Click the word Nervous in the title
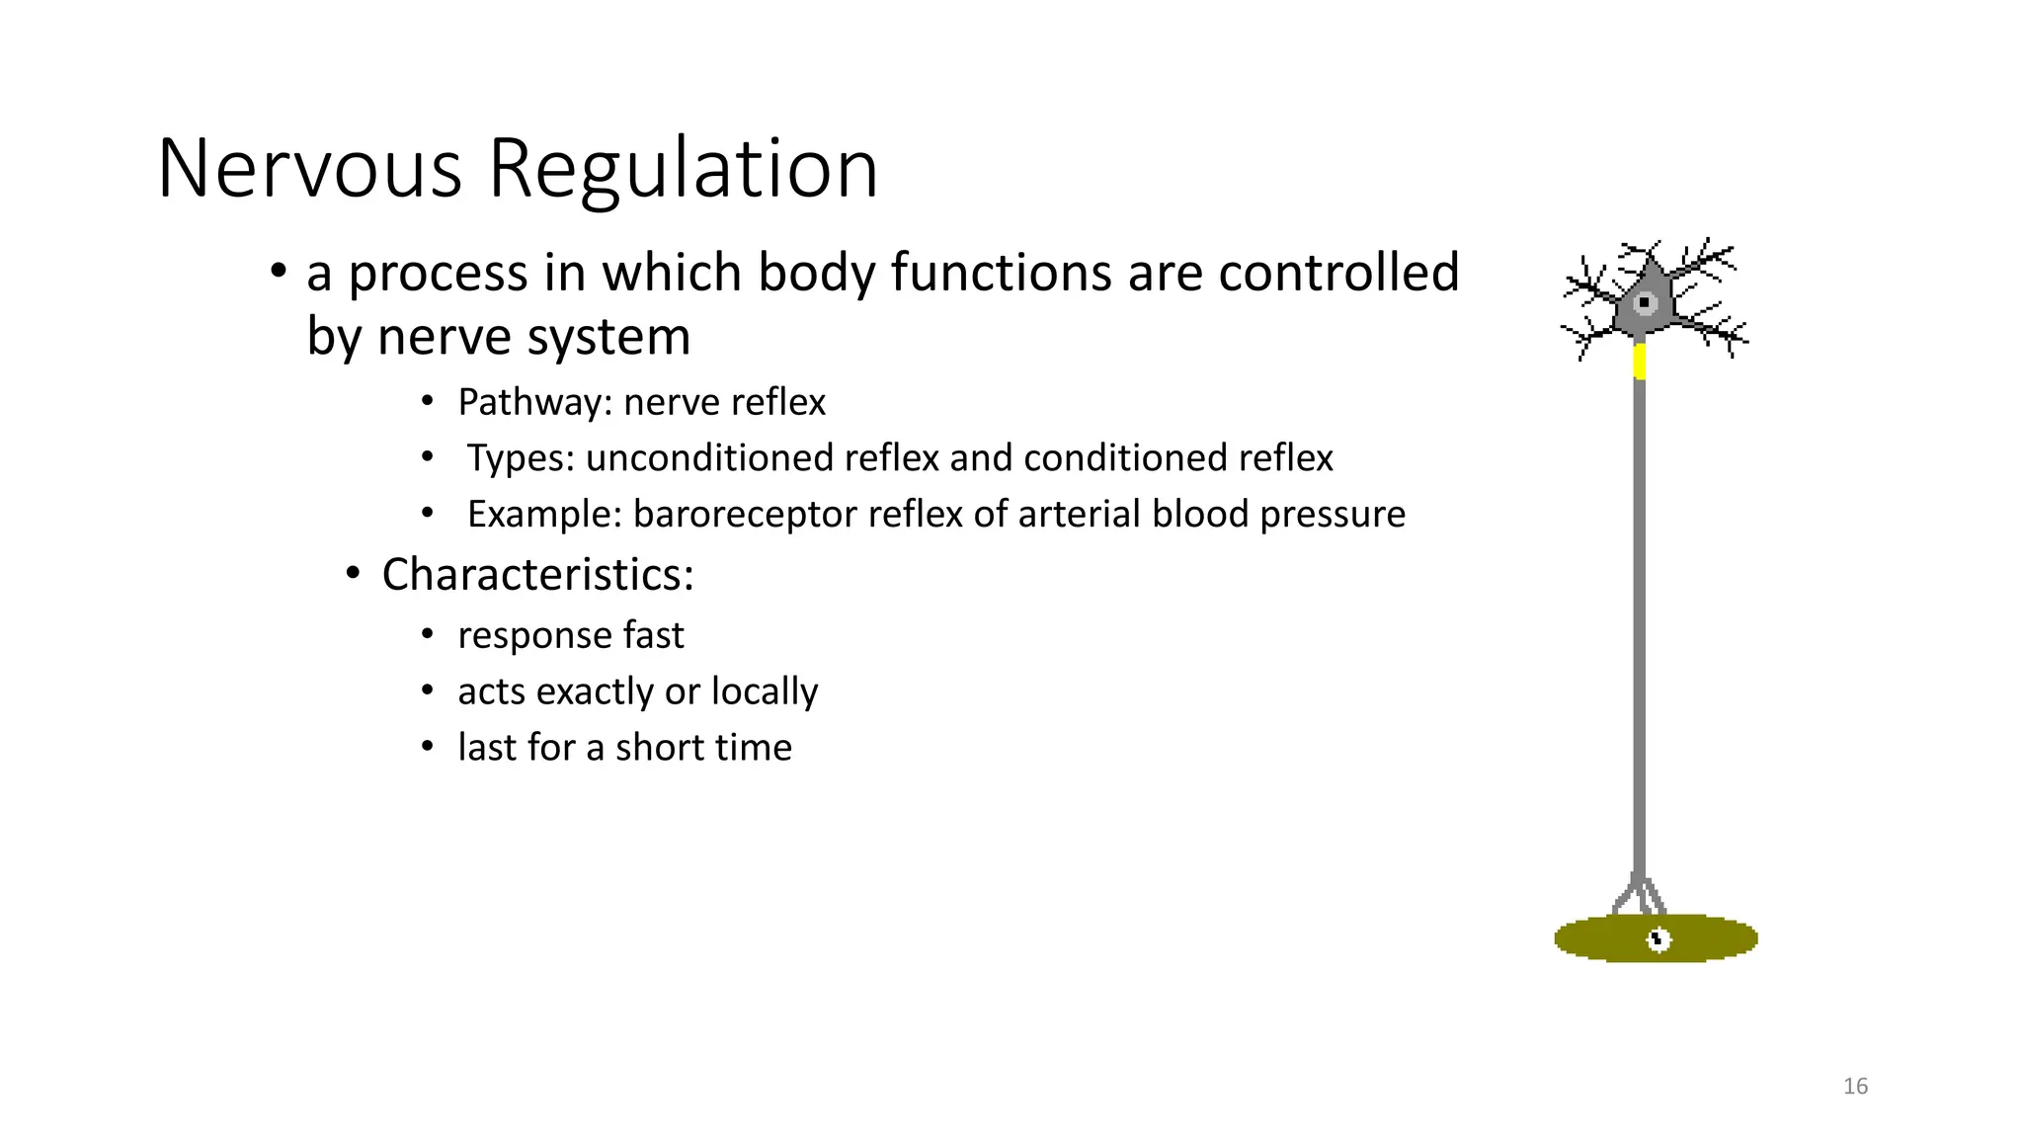(309, 169)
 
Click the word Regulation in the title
(683, 169)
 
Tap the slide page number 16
(1855, 1087)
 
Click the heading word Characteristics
(536, 575)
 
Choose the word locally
(765, 691)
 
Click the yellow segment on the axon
(1640, 362)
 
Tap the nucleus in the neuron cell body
(1645, 302)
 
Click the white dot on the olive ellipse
(1659, 939)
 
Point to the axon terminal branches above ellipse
(1640, 895)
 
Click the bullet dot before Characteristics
(354, 574)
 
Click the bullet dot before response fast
(427, 634)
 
